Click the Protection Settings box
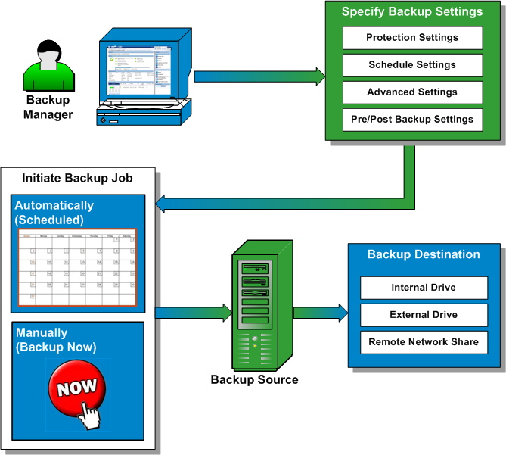(x=412, y=38)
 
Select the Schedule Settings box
(x=412, y=65)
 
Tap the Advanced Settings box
(x=412, y=92)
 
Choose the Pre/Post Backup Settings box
(x=412, y=120)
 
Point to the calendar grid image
(x=77, y=268)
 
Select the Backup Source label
(x=254, y=379)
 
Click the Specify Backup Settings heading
(x=412, y=11)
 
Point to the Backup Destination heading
(x=424, y=254)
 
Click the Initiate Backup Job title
(x=77, y=179)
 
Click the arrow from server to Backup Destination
(x=319, y=310)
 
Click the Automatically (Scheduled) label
(x=54, y=213)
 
